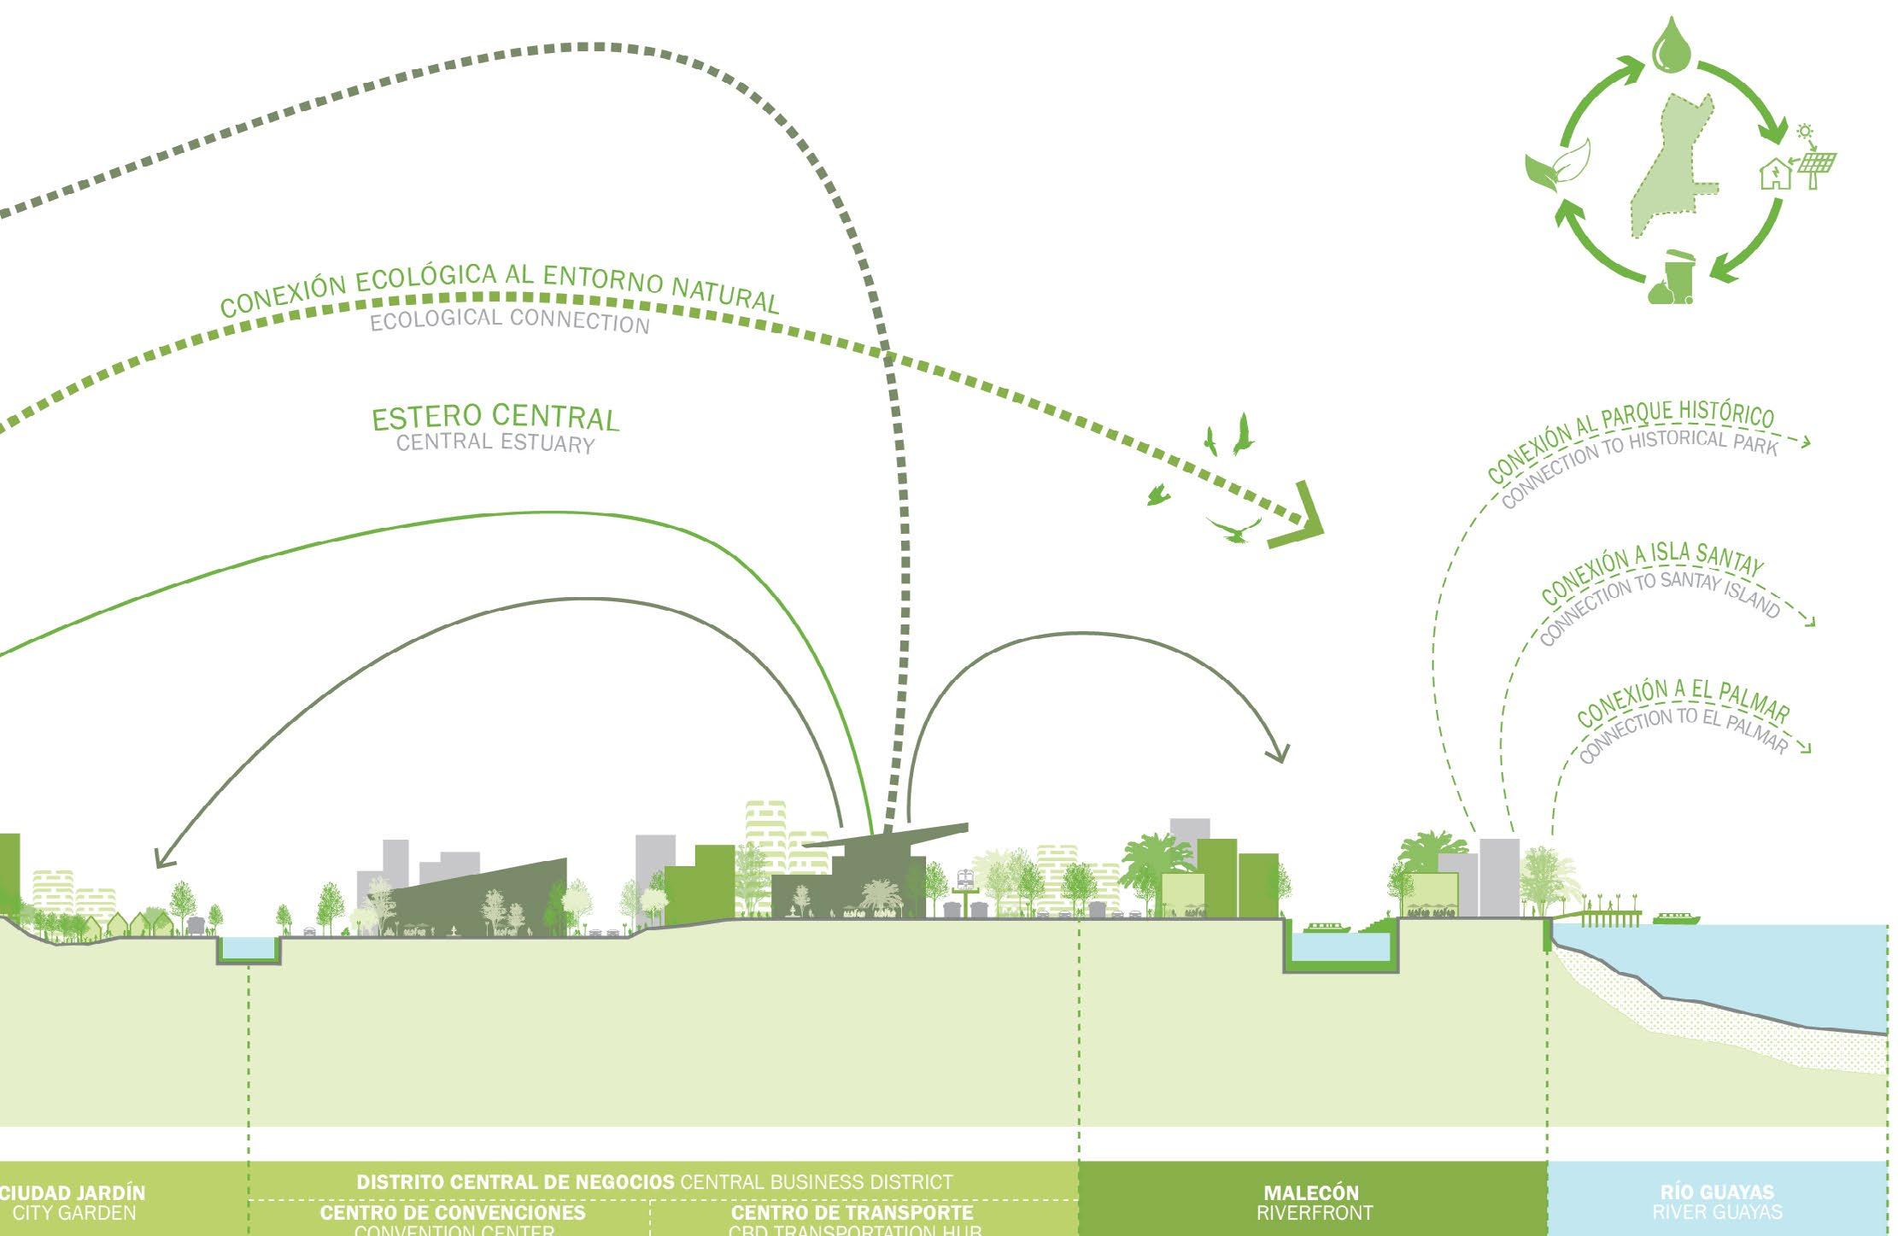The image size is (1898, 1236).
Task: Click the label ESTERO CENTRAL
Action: tap(495, 418)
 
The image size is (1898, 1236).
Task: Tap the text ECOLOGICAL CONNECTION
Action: tap(510, 320)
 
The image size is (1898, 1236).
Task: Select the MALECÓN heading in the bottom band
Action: tap(1311, 1192)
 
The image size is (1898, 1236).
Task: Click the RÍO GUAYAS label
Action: tap(1717, 1192)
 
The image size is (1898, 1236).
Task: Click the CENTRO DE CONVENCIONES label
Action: tap(453, 1213)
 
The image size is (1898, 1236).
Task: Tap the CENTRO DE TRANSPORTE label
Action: tap(852, 1213)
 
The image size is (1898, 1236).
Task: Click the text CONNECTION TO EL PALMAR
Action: tap(1683, 733)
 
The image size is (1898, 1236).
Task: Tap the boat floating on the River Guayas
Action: tap(1676, 919)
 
